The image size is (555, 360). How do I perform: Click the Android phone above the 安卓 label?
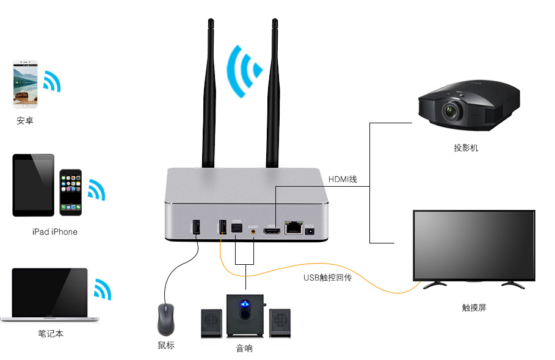tap(26, 84)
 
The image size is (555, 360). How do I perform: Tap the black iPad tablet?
tap(34, 184)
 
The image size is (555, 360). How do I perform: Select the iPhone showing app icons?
tap(71, 192)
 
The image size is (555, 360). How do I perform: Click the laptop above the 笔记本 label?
tap(50, 294)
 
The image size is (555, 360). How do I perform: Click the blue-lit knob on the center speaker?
tap(245, 306)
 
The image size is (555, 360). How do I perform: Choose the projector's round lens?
tap(451, 112)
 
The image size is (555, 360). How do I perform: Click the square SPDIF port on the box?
tap(238, 229)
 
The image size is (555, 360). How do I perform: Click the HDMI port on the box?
tap(272, 230)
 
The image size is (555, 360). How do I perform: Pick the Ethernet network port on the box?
tap(294, 228)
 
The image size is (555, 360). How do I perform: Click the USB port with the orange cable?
tap(222, 227)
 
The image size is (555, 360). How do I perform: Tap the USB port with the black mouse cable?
tap(196, 226)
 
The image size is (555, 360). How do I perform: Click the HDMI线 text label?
tap(343, 179)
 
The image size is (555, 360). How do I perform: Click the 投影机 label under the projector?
tap(466, 148)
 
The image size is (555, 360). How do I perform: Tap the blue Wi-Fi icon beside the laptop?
tap(102, 289)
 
